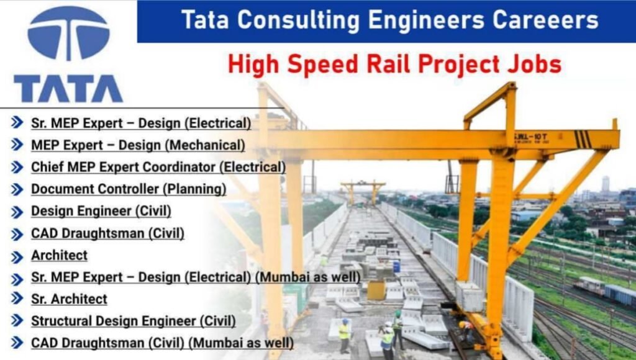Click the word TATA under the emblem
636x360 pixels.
68,89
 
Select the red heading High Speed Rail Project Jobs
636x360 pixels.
394,63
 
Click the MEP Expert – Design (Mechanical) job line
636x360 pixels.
138,145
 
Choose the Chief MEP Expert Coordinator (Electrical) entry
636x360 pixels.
158,167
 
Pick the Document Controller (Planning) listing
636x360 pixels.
129,189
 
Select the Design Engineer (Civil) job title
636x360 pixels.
101,211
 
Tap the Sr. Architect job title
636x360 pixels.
69,299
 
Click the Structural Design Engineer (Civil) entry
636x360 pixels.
133,321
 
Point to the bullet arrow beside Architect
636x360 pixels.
17,256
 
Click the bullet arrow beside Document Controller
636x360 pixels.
17,189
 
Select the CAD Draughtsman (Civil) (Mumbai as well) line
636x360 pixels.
162,343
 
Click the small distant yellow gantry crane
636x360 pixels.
363,186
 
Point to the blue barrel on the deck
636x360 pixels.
396,266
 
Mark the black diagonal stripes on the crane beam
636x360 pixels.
582,139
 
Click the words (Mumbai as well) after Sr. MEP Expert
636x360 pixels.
307,277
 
